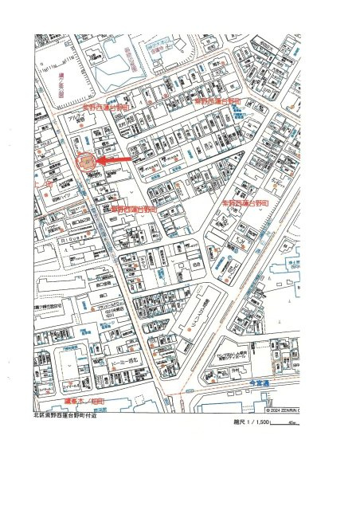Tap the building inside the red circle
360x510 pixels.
[86, 163]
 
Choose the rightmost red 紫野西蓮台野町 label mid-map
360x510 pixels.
[244, 204]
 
